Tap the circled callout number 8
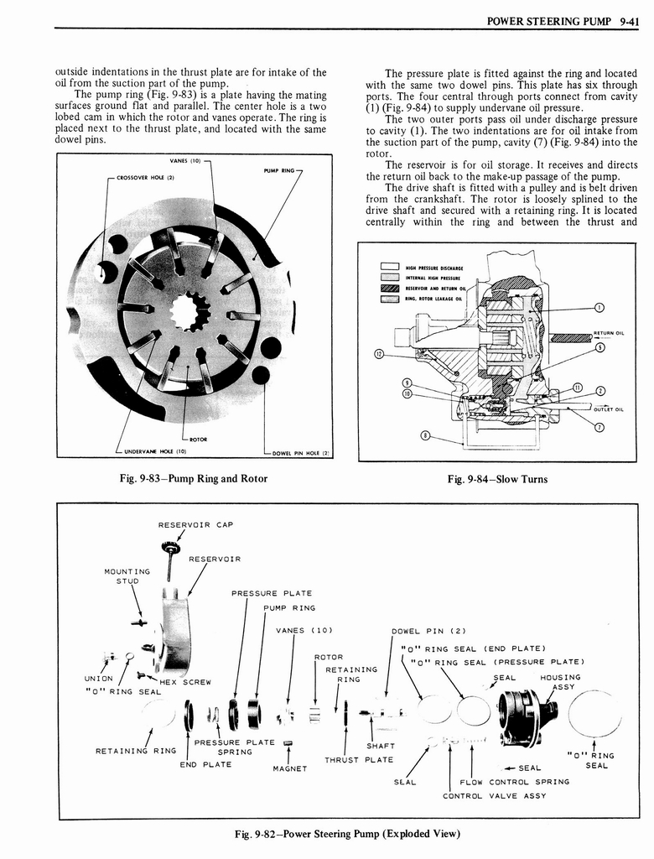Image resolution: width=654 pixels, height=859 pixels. pyautogui.click(x=425, y=435)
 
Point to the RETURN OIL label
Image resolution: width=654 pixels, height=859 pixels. pyautogui.click(x=608, y=333)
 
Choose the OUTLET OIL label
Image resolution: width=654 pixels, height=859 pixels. pyautogui.click(x=608, y=409)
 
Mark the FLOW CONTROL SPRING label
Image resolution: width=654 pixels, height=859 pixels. pyautogui.click(x=515, y=781)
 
